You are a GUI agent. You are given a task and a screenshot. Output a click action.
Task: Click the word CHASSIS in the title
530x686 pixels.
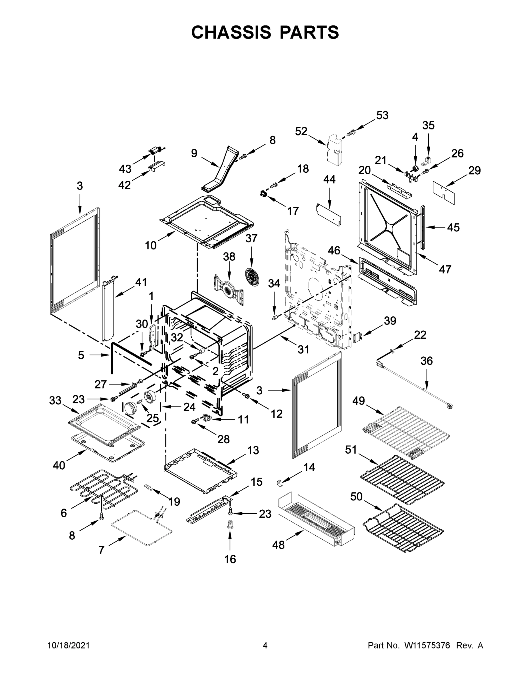[x=231, y=32]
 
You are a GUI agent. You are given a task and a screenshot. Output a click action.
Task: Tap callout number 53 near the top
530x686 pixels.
[x=382, y=115]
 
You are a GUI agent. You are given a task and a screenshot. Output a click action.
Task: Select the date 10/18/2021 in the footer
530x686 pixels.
[x=69, y=646]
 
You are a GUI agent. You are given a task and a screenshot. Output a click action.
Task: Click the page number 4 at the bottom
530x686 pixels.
[x=265, y=646]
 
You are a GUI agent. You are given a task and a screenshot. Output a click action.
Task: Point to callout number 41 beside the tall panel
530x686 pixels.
[x=141, y=282]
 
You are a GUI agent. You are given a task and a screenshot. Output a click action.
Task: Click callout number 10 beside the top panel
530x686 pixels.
[x=151, y=245]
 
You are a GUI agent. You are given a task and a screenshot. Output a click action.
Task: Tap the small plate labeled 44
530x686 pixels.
[x=328, y=215]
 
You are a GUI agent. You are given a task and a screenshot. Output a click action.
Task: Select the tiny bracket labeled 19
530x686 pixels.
[x=148, y=487]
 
